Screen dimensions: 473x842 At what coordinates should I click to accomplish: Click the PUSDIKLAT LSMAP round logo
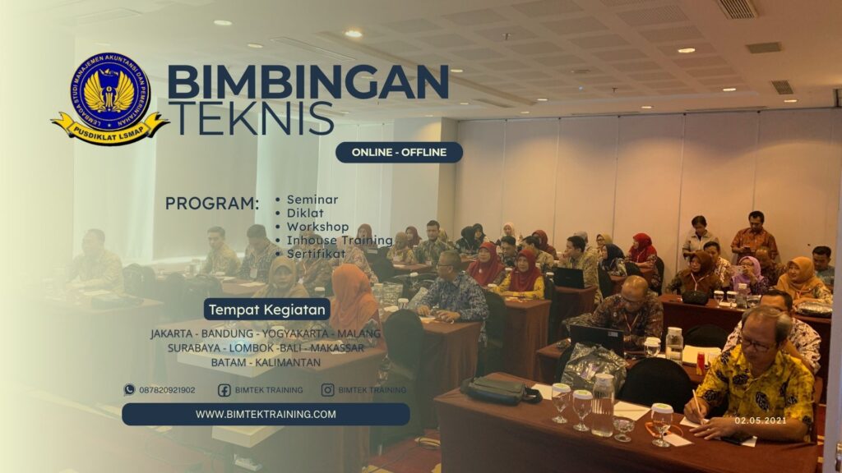[110, 97]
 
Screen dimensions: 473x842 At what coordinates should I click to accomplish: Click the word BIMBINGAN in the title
[308, 82]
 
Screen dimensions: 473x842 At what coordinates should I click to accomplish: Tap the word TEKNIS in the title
[251, 118]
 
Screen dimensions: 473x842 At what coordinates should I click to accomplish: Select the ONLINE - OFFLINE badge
[399, 153]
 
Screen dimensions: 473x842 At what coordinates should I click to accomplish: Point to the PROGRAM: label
[211, 204]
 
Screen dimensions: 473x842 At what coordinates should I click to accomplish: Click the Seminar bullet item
[312, 200]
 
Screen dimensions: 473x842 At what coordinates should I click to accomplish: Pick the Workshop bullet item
[317, 227]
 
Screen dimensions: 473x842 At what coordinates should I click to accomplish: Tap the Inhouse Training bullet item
[339, 241]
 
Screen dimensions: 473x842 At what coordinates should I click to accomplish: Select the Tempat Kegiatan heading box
[267, 310]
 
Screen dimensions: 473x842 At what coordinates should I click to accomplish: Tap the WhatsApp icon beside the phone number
[129, 390]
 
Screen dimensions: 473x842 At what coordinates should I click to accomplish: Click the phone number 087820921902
[167, 390]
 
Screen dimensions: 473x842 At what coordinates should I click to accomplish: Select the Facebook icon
[224, 390]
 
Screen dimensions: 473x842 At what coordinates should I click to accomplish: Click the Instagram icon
[327, 390]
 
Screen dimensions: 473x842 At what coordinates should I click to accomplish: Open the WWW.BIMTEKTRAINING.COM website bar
[266, 415]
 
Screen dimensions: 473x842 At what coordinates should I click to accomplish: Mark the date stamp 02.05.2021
[761, 420]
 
